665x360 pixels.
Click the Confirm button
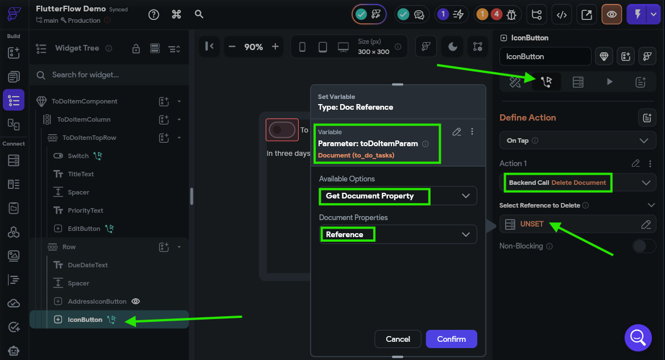(x=451, y=339)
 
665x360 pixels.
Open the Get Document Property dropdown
(x=398, y=196)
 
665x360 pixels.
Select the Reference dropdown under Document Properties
(x=398, y=234)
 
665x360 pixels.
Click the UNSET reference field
(x=577, y=224)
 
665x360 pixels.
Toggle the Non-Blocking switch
(x=644, y=246)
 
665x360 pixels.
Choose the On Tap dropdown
(x=577, y=141)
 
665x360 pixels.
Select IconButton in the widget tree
(x=85, y=320)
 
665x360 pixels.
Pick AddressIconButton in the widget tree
(x=97, y=301)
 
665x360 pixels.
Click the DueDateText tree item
(x=88, y=265)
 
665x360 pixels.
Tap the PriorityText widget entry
(x=85, y=210)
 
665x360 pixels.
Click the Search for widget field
(x=110, y=75)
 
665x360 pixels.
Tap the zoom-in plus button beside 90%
(x=275, y=47)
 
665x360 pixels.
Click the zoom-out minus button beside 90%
(x=232, y=47)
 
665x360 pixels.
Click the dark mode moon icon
(x=452, y=47)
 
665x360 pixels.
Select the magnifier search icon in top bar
(x=199, y=14)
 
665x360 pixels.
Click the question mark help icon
(x=154, y=14)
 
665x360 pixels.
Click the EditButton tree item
(x=84, y=229)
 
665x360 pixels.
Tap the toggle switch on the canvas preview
(x=282, y=130)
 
